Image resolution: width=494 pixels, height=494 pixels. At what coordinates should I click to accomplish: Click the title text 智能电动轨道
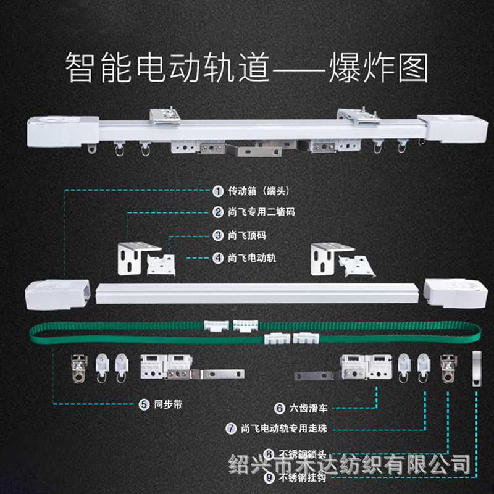(167, 69)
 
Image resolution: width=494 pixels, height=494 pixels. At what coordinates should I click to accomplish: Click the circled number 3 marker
(218, 235)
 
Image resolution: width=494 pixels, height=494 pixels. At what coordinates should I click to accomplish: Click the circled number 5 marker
(143, 405)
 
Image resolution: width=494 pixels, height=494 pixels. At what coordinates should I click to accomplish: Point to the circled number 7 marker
(232, 427)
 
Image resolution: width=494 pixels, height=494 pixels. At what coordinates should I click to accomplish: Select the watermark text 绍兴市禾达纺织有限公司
(350, 463)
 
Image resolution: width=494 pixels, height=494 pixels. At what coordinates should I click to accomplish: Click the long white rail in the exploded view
(259, 293)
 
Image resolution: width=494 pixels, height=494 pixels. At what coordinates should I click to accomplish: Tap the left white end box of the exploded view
(59, 292)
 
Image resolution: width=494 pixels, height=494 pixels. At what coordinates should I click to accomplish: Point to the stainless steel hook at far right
(477, 368)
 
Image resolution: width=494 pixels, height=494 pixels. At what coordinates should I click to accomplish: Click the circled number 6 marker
(279, 408)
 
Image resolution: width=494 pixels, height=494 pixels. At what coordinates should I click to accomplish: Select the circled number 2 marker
(218, 212)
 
